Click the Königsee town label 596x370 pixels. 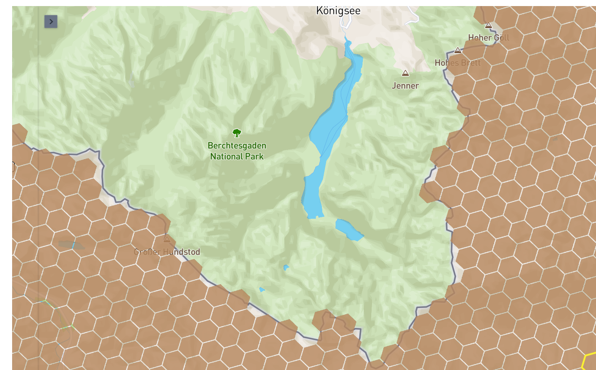point(338,11)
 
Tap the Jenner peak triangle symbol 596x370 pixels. point(405,73)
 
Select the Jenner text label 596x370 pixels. point(405,86)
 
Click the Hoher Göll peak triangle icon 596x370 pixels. point(489,25)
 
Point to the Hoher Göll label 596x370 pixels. point(488,38)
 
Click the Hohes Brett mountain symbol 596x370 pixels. point(458,50)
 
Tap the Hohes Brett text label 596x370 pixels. point(457,63)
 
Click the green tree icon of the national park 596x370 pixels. point(237,133)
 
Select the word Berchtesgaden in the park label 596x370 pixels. point(237,146)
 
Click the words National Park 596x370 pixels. point(237,157)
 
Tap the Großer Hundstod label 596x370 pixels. point(167,252)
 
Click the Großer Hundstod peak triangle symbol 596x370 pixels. point(167,239)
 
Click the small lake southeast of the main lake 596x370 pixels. point(348,229)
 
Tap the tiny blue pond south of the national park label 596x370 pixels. point(286,268)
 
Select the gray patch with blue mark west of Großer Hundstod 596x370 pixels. point(71,245)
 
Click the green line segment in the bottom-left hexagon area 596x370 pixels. point(46,302)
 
